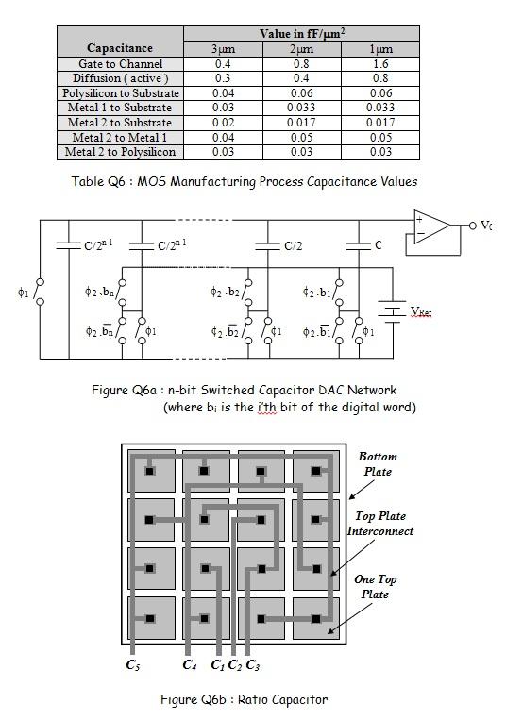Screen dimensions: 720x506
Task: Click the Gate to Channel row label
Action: (120, 63)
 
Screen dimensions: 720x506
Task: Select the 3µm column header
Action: (223, 48)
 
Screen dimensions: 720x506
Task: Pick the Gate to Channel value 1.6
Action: (379, 63)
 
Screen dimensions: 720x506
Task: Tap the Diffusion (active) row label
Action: (120, 78)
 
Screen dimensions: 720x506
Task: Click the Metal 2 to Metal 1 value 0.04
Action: (223, 137)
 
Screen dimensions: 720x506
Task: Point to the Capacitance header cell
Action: (120, 48)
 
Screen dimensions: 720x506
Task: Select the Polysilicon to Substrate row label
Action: (120, 93)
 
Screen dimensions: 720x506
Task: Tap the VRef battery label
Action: (421, 310)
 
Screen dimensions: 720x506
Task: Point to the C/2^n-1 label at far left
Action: (94, 245)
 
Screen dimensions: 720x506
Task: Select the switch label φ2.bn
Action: (99, 293)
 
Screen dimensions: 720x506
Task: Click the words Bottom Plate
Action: (378, 463)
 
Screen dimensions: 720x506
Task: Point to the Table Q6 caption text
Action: (244, 180)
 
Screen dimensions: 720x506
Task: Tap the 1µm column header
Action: (379, 48)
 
